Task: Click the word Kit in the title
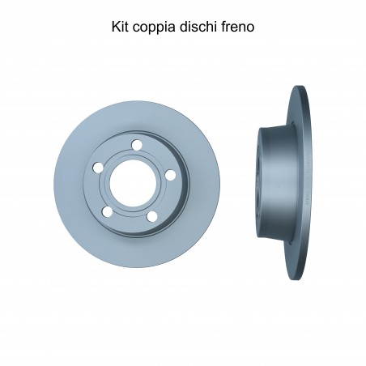(x=120, y=27)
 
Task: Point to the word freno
(x=238, y=27)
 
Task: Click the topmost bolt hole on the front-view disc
(x=137, y=145)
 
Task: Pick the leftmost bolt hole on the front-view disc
(x=98, y=168)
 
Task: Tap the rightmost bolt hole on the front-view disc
(x=170, y=175)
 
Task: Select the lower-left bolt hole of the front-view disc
(x=108, y=211)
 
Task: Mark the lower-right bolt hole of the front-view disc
(x=152, y=216)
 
